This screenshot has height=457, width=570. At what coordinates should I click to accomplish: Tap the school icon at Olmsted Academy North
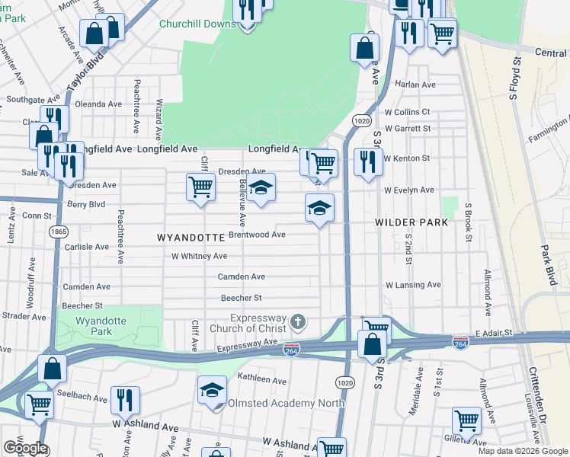point(213,390)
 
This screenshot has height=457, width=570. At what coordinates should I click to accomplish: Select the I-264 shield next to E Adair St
point(460,342)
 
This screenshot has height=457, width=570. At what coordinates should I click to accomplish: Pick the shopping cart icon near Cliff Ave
point(200,185)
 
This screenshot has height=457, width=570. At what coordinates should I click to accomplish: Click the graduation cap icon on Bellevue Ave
point(261,187)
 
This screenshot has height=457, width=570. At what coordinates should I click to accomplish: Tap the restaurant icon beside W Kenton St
point(368,161)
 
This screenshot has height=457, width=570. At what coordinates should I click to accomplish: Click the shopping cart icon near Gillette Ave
point(466,420)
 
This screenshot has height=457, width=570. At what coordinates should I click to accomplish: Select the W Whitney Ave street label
point(199,256)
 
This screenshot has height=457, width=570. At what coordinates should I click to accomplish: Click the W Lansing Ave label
point(413,285)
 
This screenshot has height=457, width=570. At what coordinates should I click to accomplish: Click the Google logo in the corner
point(25,448)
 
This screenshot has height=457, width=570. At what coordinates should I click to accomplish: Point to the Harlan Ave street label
point(415,85)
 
